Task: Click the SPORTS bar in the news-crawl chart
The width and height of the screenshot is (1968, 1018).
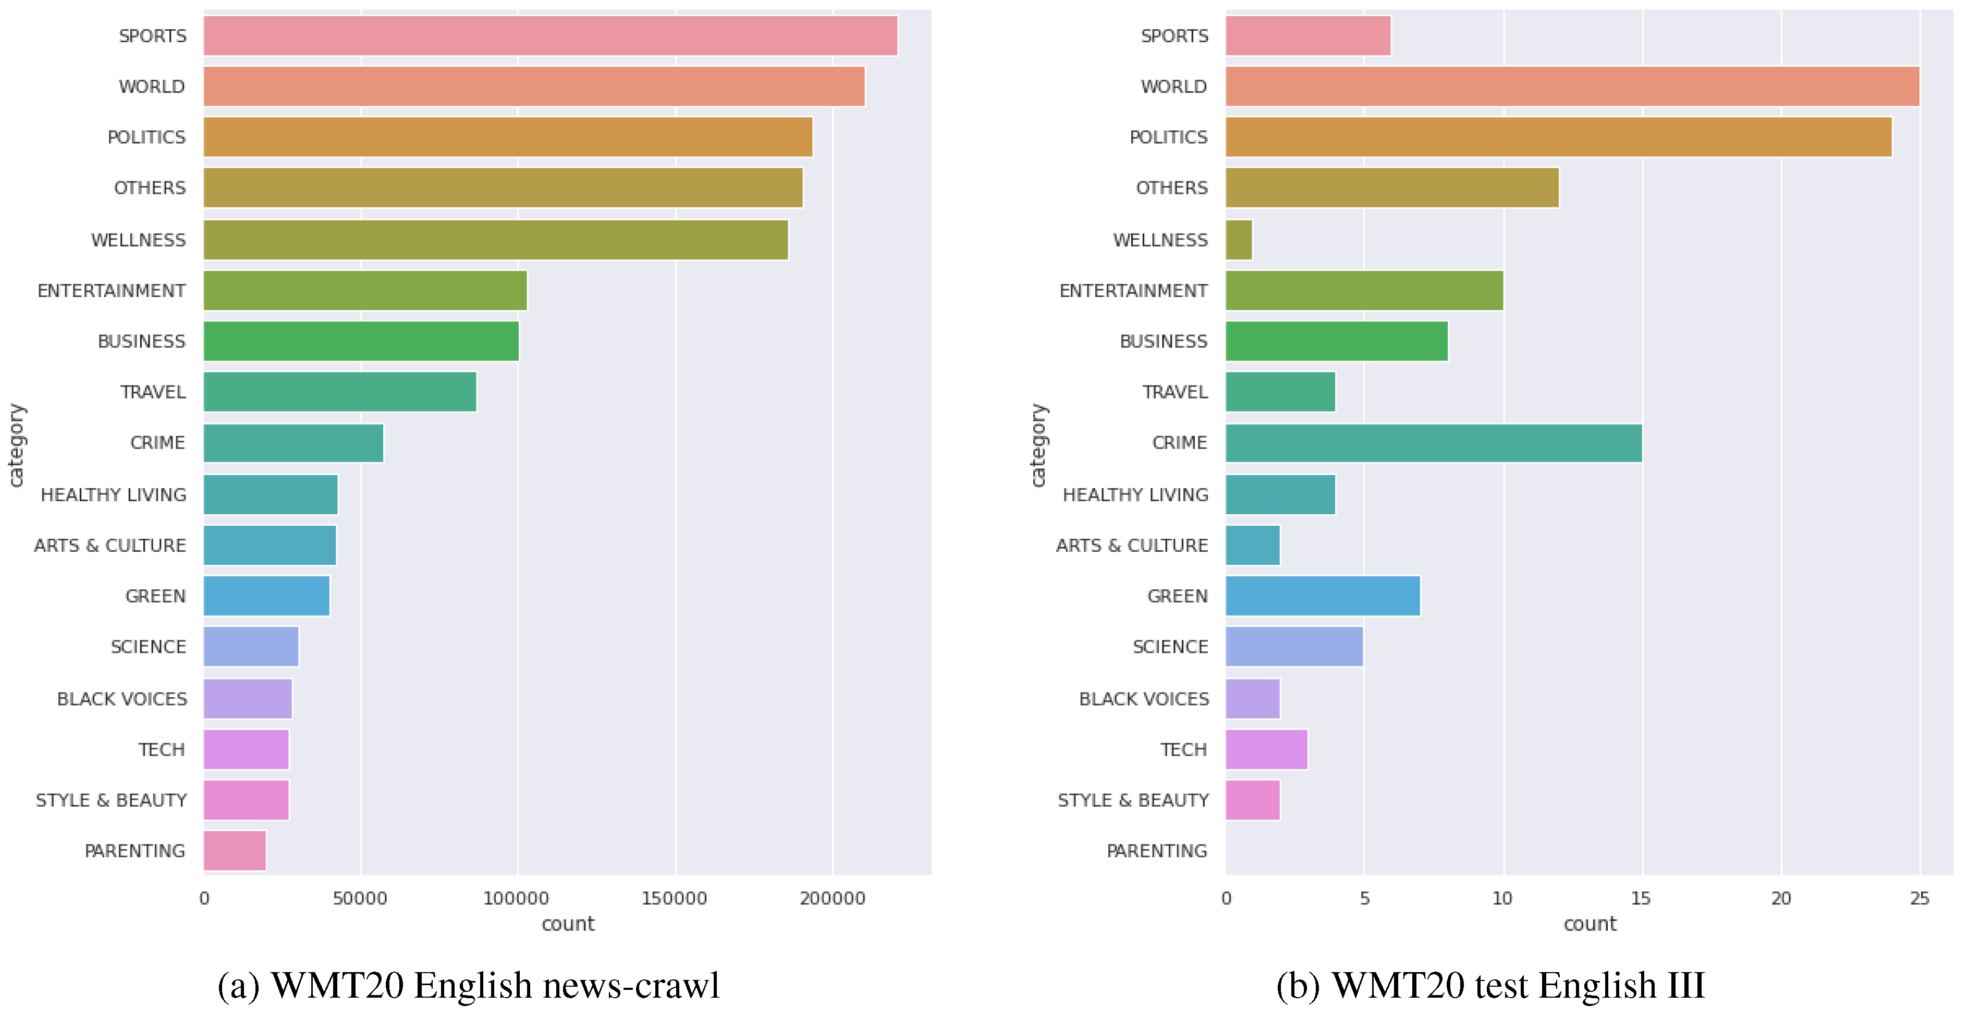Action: point(550,36)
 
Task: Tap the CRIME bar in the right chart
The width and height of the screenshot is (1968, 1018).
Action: point(1433,443)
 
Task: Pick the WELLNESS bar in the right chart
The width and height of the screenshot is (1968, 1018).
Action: point(1238,240)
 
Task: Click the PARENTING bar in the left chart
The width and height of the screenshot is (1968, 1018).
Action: point(235,851)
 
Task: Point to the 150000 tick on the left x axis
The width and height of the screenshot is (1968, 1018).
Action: point(674,898)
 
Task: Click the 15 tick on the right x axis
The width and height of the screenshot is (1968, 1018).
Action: point(1641,898)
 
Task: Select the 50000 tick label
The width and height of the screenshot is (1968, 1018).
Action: point(360,898)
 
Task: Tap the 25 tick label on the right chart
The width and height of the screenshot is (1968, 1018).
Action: point(1919,898)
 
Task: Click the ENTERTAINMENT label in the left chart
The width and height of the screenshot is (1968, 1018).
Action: point(112,290)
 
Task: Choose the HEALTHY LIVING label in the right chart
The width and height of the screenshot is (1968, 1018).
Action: point(1135,494)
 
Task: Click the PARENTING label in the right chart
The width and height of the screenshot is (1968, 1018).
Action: point(1157,851)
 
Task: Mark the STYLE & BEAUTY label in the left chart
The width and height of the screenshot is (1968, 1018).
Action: point(112,800)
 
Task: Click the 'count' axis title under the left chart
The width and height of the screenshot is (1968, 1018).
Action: point(568,924)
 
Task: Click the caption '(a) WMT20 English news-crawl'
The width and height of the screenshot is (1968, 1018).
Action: point(468,985)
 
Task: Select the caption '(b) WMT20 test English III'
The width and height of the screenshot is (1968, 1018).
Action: point(1490,985)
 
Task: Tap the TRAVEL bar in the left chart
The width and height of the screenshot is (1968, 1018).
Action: point(340,392)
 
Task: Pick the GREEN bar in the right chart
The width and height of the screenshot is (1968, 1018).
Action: point(1323,596)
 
